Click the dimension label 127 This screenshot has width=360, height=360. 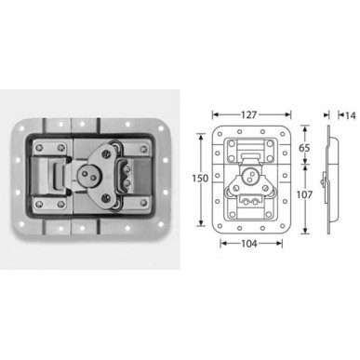click(249, 115)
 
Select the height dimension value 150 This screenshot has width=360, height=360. click(200, 179)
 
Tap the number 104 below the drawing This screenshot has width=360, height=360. click(249, 244)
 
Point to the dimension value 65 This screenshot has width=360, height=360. click(304, 148)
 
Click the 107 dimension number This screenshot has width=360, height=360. click(304, 194)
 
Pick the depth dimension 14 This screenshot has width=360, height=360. click(351, 115)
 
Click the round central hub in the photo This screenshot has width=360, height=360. click(86, 175)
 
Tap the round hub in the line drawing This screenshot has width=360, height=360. click(250, 177)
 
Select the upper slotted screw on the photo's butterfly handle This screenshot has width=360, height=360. click(107, 153)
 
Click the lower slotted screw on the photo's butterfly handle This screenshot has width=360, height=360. click(106, 196)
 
